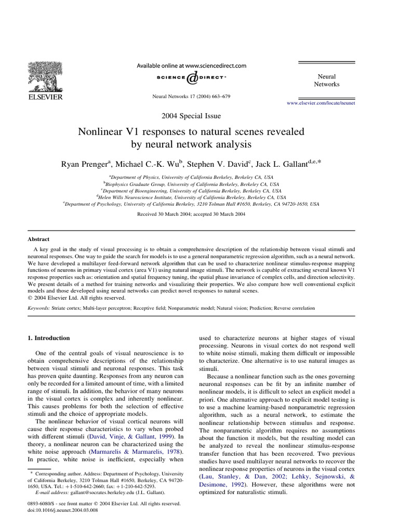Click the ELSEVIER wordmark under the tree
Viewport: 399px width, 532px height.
[x=45, y=97]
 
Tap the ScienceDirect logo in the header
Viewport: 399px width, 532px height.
[x=191, y=77]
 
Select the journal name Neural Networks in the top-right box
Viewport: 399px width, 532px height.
[x=326, y=80]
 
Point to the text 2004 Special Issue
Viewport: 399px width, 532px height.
[x=191, y=116]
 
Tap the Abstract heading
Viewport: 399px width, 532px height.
[x=38, y=239]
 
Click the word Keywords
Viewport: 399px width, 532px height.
[x=39, y=308]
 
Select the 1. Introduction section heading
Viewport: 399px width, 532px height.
[x=48, y=338]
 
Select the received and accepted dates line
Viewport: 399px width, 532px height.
[x=191, y=214]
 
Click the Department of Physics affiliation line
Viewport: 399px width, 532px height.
[x=191, y=177]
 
